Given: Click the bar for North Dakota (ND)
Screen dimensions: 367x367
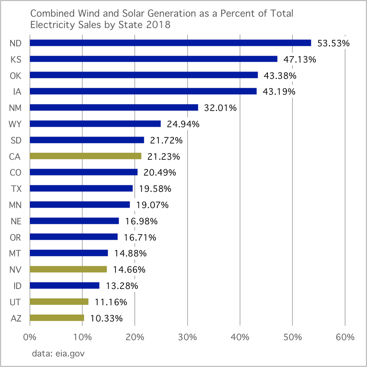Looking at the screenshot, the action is coord(170,43).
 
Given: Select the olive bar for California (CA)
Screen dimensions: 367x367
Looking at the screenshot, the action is coord(85,156).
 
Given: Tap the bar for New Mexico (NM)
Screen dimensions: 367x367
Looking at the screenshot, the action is coord(114,107).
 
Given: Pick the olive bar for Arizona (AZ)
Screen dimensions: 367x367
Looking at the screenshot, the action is coord(57,317).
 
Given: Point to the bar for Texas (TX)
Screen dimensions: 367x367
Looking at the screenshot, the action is coord(81,188).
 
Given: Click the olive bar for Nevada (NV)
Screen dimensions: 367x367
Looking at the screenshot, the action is coord(68,269).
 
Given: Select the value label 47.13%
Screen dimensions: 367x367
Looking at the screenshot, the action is coord(300,59).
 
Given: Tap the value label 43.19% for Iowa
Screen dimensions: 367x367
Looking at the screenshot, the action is coord(279,91).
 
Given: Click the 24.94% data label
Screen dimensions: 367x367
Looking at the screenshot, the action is coord(183,124).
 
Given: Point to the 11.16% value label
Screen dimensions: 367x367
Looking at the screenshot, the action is coord(111,302).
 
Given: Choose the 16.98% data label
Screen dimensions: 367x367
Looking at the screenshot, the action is coord(141,221).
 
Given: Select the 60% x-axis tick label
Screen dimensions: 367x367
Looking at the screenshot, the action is coord(345,337).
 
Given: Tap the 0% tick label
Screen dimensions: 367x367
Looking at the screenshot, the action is coord(30,337).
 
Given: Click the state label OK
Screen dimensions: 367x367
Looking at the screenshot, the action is coord(15,76).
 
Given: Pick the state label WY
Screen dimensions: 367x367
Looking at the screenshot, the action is coord(15,124).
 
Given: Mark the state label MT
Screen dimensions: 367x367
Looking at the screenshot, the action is coord(15,254).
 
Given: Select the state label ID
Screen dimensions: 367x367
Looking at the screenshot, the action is coord(17,286).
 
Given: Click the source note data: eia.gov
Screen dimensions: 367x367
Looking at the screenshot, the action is coord(58,354).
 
